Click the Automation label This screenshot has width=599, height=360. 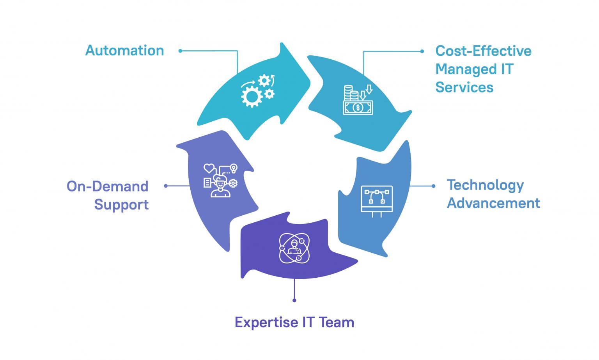(124, 51)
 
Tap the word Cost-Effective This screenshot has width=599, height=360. (483, 51)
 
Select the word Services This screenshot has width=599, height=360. (464, 87)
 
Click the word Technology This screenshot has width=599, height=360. (485, 186)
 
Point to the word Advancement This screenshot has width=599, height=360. (493, 203)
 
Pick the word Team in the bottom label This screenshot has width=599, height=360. (336, 323)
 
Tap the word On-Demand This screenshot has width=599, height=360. (107, 186)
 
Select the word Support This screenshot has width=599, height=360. (121, 205)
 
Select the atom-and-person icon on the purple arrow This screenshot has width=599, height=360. (294, 248)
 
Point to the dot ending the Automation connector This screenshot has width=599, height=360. (180, 51)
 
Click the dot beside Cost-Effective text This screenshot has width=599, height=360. (422, 51)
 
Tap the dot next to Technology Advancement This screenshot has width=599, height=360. (433, 186)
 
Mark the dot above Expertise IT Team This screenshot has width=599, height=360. (294, 300)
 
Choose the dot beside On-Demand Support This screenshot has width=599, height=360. (166, 186)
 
